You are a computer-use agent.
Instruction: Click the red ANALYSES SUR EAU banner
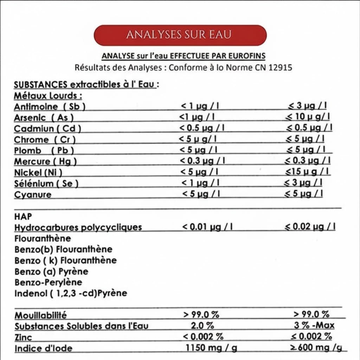(180, 35)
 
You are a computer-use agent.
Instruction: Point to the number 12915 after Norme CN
(280, 67)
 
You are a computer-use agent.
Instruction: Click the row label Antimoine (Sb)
(50, 107)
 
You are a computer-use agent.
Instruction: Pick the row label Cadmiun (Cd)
(47, 129)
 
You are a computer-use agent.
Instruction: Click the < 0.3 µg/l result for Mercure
(202, 161)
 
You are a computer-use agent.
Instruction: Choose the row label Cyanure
(33, 194)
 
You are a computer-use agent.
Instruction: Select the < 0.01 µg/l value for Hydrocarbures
(207, 227)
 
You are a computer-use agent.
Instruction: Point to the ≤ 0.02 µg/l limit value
(310, 227)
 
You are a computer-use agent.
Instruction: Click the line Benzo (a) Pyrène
(51, 271)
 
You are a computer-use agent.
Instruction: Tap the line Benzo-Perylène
(49, 282)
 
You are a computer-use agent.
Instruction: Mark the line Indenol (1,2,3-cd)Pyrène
(71, 293)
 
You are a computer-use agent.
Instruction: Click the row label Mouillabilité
(40, 315)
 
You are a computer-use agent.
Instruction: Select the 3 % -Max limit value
(314, 325)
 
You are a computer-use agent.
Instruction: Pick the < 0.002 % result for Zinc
(203, 336)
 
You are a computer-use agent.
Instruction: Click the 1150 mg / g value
(211, 348)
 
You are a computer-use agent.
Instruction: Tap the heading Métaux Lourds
(48, 96)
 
